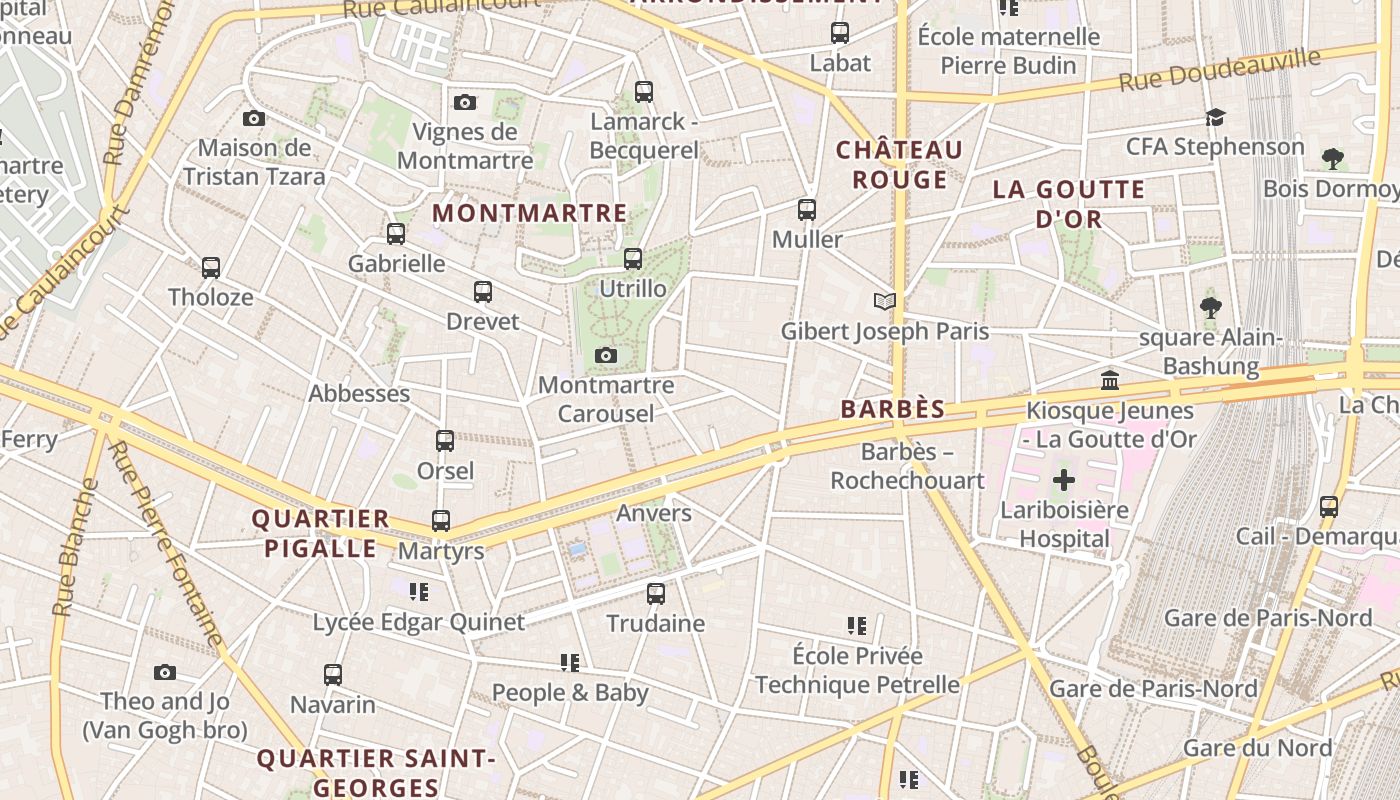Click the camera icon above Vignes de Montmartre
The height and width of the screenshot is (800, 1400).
465,102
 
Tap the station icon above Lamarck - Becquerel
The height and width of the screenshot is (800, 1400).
644,92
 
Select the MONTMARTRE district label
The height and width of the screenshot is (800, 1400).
529,213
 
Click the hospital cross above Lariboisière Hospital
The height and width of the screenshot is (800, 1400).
1064,481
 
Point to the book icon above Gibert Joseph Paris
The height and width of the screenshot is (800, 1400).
884,301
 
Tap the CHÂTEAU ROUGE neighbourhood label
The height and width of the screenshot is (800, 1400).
899,165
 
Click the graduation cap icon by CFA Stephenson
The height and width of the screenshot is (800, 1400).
1215,117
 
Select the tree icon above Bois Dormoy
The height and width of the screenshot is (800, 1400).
1332,159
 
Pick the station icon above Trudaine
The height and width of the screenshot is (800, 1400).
656,594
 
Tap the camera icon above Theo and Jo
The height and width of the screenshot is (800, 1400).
165,672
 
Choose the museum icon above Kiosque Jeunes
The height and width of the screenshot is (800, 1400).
1110,381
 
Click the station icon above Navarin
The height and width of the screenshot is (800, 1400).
333,675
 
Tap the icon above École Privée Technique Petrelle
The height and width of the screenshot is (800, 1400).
857,626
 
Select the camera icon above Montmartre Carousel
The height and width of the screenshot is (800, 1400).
605,356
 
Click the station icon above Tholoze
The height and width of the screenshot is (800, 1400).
211,268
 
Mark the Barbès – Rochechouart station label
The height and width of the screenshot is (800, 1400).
908,466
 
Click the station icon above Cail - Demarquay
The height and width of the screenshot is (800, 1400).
1329,507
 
